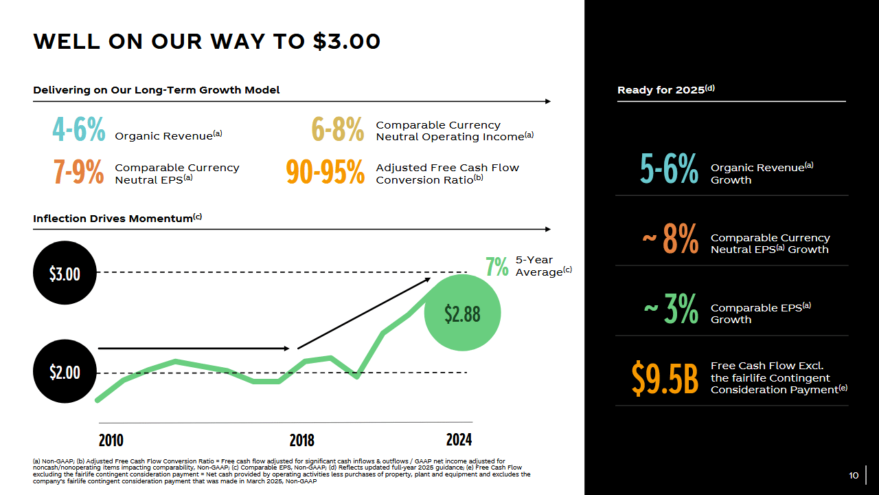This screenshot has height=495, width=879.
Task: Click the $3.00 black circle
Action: point(65,273)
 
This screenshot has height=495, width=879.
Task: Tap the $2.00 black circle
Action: point(65,371)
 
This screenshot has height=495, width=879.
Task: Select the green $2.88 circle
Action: point(462,313)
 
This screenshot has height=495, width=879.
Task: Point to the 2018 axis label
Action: point(301,441)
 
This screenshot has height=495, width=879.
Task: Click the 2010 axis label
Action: point(111,441)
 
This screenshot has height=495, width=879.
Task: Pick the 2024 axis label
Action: point(459,439)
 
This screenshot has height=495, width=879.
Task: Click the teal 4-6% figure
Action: point(79,129)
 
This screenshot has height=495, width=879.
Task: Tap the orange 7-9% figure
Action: point(79,172)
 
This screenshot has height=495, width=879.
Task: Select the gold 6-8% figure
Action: point(338,129)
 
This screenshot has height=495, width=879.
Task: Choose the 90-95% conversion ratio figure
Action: point(326,172)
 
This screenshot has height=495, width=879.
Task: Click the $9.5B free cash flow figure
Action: point(665,378)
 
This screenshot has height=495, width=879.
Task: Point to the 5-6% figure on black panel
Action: point(669,168)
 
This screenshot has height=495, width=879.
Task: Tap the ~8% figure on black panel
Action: point(670,239)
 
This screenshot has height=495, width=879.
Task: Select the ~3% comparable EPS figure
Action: point(671,309)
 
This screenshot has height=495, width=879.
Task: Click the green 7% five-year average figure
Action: point(496,267)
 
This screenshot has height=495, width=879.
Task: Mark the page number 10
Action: point(854,475)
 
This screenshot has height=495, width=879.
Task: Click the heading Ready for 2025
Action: point(666,89)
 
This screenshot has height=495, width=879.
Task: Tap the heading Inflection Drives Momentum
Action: point(117,218)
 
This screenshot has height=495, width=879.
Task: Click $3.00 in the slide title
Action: point(347,41)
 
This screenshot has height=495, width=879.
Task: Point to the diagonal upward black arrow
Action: point(364,313)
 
